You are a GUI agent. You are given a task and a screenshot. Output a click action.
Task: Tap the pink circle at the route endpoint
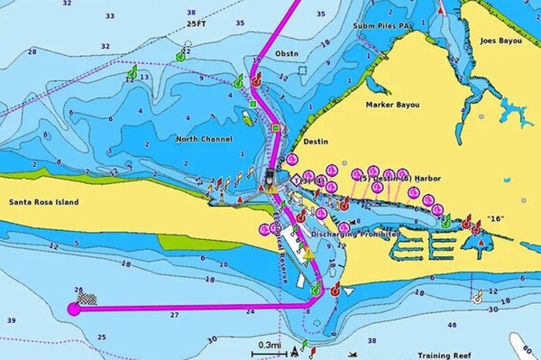(x=74, y=309)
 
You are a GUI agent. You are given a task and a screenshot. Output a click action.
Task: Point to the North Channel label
(x=204, y=138)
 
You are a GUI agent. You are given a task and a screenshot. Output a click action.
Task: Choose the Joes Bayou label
(x=501, y=41)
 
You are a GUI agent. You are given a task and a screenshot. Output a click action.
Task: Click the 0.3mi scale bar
(x=269, y=346)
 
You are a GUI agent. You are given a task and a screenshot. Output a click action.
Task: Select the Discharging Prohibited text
(x=355, y=235)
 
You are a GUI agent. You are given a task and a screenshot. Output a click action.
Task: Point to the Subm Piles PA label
(x=382, y=26)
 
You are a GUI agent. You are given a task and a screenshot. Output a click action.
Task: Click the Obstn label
(x=286, y=53)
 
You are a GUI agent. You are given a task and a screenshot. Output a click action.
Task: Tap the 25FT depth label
(x=197, y=24)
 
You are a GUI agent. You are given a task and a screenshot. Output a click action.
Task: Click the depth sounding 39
(x=12, y=320)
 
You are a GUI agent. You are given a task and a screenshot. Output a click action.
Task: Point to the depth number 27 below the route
(x=174, y=316)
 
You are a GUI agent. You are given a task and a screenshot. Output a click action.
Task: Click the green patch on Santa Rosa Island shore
(x=187, y=241)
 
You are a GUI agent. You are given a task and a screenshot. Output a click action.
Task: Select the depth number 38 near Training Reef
(x=371, y=340)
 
